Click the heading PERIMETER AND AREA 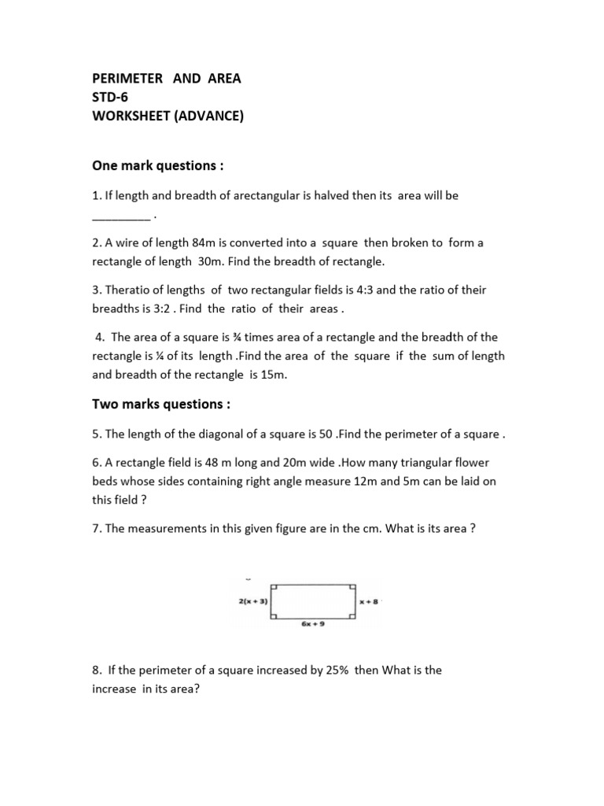tap(167, 78)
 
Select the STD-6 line tap(111, 98)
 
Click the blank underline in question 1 tap(121, 215)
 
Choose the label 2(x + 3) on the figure tap(252, 601)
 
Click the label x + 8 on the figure tap(370, 601)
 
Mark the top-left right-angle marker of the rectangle tap(273, 587)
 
